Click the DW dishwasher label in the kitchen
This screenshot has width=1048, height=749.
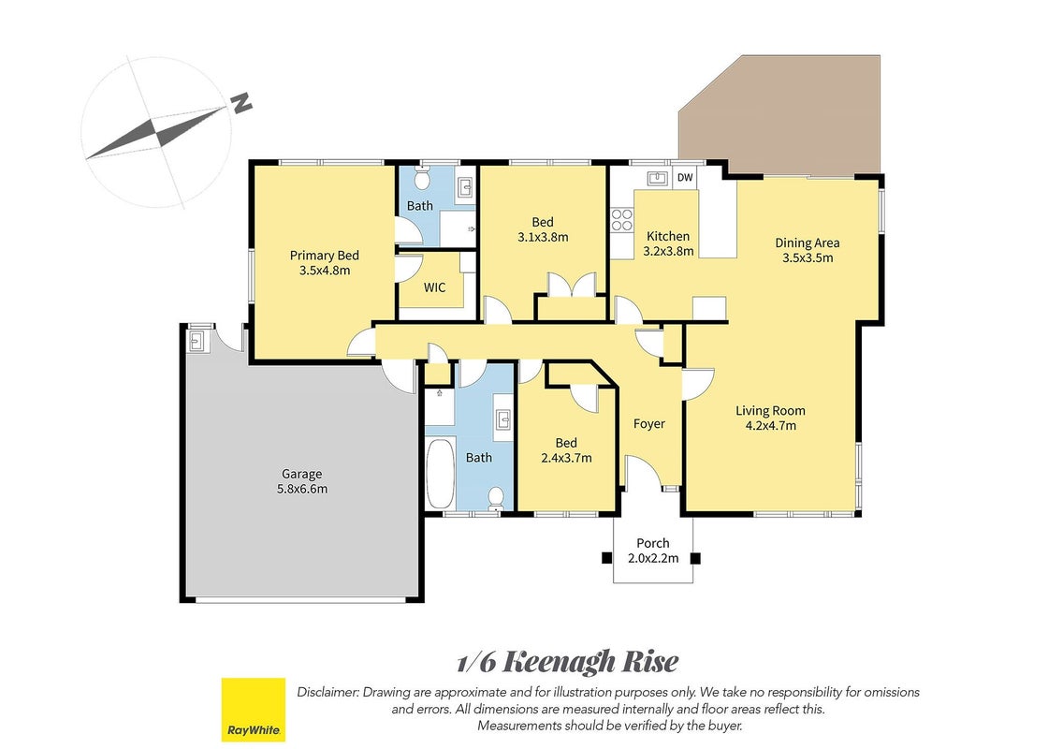685,178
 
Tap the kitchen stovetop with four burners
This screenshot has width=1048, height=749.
621,220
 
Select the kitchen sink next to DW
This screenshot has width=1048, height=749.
658,178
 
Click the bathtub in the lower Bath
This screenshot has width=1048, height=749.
440,474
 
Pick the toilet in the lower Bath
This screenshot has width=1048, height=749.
496,497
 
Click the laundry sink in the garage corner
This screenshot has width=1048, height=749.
197,341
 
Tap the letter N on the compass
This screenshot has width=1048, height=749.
241,102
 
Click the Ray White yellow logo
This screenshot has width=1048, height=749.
254,710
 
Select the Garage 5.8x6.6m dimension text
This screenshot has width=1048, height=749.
302,489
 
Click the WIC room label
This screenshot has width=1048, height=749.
434,287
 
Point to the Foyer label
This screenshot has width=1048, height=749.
649,423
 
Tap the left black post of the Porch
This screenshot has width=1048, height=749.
606,558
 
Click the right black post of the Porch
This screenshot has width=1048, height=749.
695,558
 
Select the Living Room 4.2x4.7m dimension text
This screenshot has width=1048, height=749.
771,425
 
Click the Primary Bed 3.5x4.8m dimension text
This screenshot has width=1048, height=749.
325,271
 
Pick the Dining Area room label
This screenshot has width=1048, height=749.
808,242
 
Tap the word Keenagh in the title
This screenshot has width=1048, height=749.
558,662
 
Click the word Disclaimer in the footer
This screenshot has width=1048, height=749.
327,692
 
